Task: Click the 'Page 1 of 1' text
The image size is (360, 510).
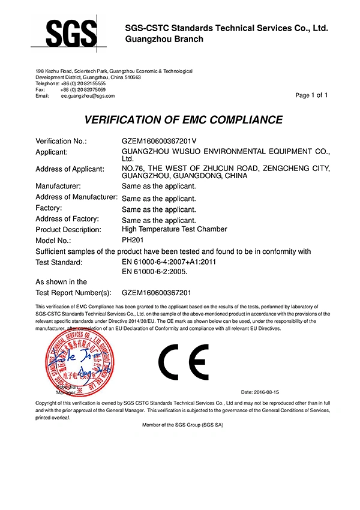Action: [312, 95]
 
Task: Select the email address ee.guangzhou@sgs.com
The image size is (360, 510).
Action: [88, 95]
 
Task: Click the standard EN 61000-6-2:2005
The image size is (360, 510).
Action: [155, 272]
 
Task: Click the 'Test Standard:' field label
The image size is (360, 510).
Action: [59, 262]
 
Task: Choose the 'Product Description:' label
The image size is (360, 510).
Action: [68, 230]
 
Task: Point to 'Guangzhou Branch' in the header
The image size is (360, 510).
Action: [164, 40]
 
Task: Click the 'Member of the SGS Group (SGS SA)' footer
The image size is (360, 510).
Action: [180, 424]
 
